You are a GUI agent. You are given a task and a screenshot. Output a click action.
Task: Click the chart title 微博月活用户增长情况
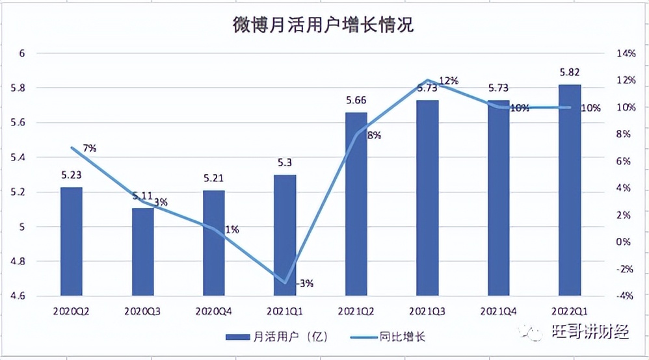(x=323, y=25)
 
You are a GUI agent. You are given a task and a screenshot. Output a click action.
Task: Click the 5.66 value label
(x=356, y=100)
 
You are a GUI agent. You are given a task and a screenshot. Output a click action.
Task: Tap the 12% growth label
(x=449, y=81)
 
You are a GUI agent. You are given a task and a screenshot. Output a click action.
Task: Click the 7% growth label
(x=90, y=148)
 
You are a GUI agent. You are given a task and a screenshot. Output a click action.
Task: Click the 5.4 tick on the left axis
(x=23, y=157)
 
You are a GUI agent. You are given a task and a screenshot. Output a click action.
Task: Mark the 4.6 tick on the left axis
(x=23, y=296)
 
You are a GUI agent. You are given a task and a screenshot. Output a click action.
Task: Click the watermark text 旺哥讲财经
(x=588, y=333)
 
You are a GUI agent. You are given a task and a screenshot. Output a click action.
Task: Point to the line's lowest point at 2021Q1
(x=285, y=283)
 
